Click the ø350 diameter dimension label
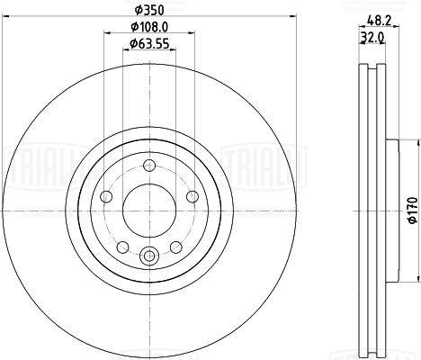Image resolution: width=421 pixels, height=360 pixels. [149, 11]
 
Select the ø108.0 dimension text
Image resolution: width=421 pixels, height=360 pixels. [149, 27]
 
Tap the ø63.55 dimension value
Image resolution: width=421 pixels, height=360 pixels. [149, 44]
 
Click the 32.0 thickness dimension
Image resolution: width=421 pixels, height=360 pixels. [372, 38]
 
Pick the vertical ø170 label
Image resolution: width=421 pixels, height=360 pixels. [413, 210]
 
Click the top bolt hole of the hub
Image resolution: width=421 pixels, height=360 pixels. [149, 165]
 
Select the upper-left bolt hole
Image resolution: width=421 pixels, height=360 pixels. [106, 197]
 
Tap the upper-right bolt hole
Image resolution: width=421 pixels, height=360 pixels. [193, 197]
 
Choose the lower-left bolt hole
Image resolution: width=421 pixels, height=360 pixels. [122, 247]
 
